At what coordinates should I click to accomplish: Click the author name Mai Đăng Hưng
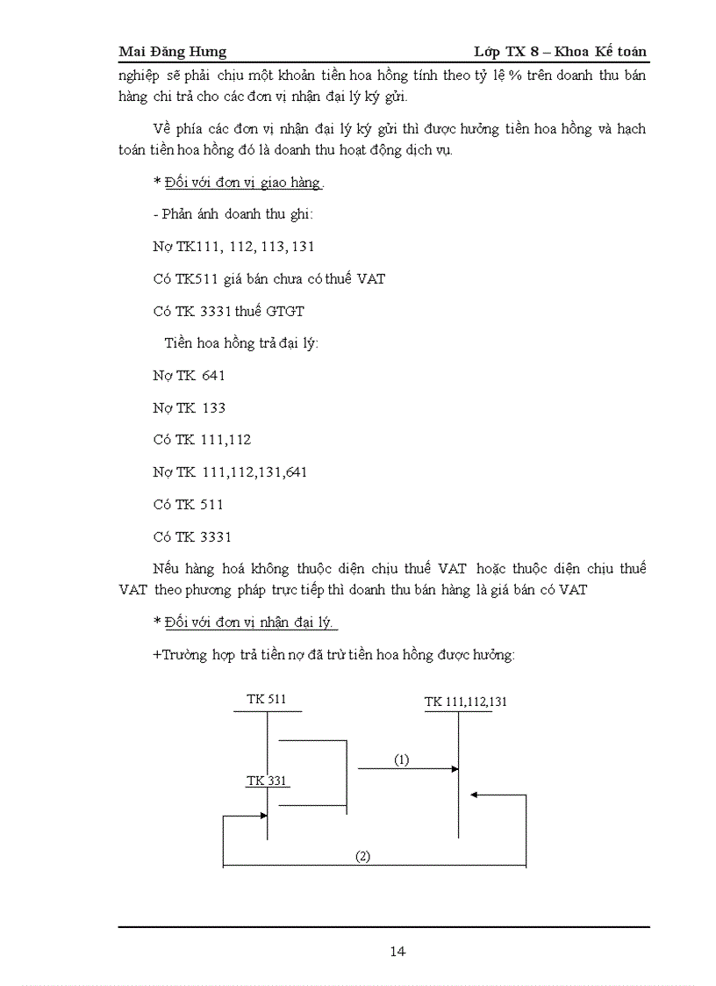click(172, 52)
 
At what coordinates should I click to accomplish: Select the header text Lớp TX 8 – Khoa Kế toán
click(559, 52)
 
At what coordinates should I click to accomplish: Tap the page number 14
click(397, 951)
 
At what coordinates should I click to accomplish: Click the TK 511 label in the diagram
click(266, 700)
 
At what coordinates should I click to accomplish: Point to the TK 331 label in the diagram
click(266, 781)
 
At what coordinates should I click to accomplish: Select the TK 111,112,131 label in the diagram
click(465, 702)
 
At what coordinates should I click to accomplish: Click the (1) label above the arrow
click(401, 760)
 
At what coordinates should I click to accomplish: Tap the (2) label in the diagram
click(362, 857)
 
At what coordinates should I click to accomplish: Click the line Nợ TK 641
click(189, 376)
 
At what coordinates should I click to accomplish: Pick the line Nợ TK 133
click(189, 408)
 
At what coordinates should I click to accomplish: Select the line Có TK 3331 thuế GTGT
click(228, 312)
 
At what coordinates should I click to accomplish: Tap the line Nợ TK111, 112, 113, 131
click(233, 247)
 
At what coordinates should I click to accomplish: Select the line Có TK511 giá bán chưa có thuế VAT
click(268, 279)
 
